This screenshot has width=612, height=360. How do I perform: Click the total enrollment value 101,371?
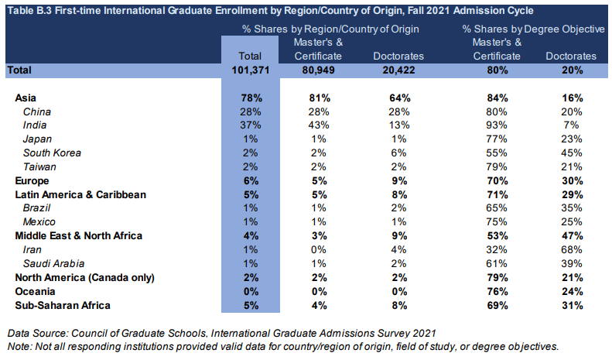tap(252, 70)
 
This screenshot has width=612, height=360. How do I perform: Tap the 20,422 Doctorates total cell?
tap(398, 70)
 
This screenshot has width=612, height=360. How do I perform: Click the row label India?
tap(35, 125)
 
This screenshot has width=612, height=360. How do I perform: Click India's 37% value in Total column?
tap(252, 125)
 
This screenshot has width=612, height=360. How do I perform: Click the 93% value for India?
tap(497, 125)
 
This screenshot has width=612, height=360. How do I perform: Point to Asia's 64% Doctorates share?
tap(398, 98)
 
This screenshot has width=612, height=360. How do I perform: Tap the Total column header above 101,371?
tap(251, 56)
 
